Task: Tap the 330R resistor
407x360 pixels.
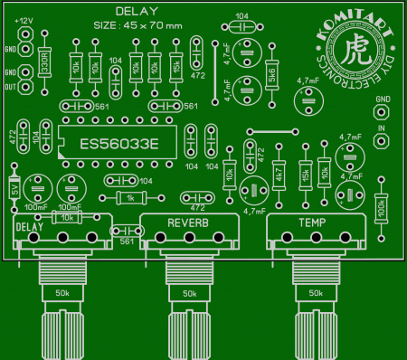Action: click(45, 62)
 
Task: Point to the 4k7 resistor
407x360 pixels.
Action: click(279, 176)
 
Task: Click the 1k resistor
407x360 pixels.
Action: click(131, 198)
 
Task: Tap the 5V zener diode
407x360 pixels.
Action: click(14, 190)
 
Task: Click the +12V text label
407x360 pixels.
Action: click(24, 20)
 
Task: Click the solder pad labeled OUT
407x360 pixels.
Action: click(27, 87)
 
